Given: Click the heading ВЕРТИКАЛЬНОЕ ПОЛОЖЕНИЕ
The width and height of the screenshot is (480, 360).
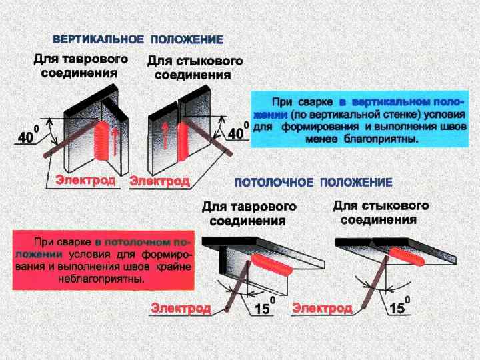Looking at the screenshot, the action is [x=137, y=40].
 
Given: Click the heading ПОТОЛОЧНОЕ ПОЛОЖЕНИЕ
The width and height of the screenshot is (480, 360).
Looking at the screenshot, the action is [x=313, y=182].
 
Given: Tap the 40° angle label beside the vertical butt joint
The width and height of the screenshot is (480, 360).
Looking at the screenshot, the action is [x=238, y=133].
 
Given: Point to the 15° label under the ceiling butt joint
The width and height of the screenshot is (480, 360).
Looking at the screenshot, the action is [x=399, y=307].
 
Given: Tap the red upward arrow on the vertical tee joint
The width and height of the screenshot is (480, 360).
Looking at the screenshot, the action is [x=116, y=141].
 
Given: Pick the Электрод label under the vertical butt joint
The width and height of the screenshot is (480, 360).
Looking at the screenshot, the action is [x=159, y=180].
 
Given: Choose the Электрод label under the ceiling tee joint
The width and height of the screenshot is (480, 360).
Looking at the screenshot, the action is [x=181, y=308].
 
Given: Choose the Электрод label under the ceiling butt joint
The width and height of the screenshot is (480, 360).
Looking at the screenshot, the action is [x=322, y=308].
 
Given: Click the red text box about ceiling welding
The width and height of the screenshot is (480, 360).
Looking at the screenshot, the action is [x=103, y=260].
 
